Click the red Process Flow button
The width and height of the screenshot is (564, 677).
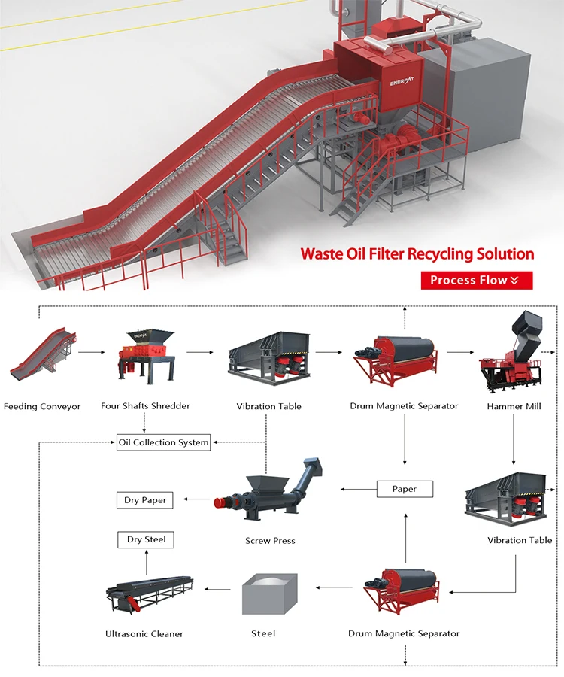476,281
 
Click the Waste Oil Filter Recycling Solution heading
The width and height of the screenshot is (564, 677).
417,253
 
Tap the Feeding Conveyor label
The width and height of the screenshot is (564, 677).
42,407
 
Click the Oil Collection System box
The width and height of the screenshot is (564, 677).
163,442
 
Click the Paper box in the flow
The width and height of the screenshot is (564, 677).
405,489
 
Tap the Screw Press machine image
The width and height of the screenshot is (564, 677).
271,493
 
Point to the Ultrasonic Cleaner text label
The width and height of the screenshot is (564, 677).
144,634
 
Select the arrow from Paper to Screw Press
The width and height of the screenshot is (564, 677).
358,489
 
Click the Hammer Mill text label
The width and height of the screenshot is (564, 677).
514,406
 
